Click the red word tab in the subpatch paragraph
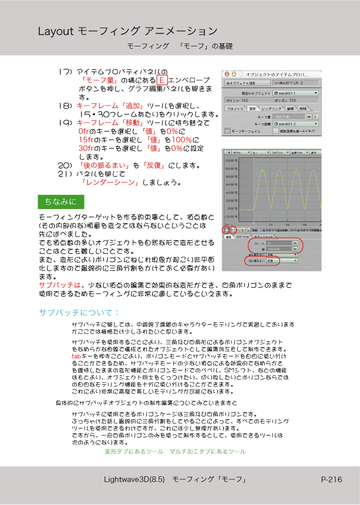[x=76, y=356]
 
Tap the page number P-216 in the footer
[x=331, y=480]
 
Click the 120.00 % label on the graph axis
[x=232, y=160]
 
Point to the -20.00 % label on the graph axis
[x=232, y=217]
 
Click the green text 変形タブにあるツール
[x=133, y=452]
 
